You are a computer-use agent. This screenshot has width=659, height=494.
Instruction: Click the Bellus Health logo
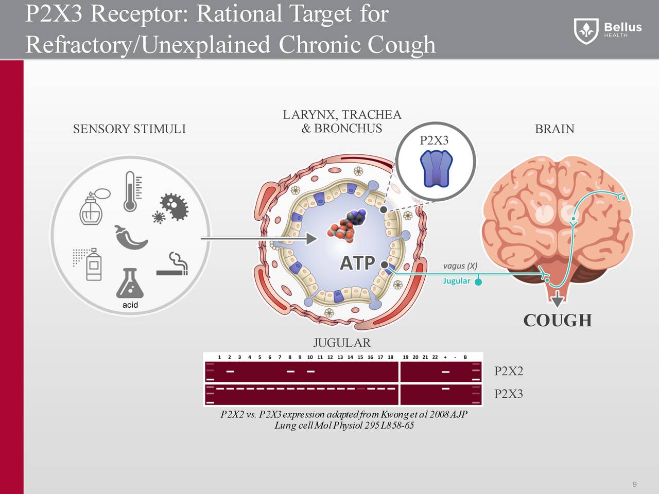[x=608, y=30]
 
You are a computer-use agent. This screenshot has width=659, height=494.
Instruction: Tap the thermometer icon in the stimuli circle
[x=131, y=191]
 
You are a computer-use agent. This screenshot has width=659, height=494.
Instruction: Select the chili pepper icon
[x=131, y=238]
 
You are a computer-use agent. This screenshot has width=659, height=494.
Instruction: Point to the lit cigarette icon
[x=173, y=264]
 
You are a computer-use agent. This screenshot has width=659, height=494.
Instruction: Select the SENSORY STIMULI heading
[x=129, y=129]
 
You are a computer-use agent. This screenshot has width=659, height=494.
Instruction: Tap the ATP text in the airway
[x=357, y=263]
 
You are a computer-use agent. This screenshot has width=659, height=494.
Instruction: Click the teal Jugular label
[x=457, y=281]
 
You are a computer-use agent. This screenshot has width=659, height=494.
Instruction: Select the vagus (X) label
[x=460, y=266]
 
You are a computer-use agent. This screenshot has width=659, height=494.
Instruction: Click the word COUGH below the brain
[x=558, y=321]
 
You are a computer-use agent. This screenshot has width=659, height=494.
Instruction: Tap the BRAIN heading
[x=554, y=129]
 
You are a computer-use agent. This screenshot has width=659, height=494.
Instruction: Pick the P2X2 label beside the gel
[x=508, y=372]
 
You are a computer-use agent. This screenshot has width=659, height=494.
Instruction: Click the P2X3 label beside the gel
[x=508, y=394]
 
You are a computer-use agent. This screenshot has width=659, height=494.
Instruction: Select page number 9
[x=634, y=485]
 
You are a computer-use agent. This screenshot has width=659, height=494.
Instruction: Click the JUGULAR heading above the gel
[x=342, y=343]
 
